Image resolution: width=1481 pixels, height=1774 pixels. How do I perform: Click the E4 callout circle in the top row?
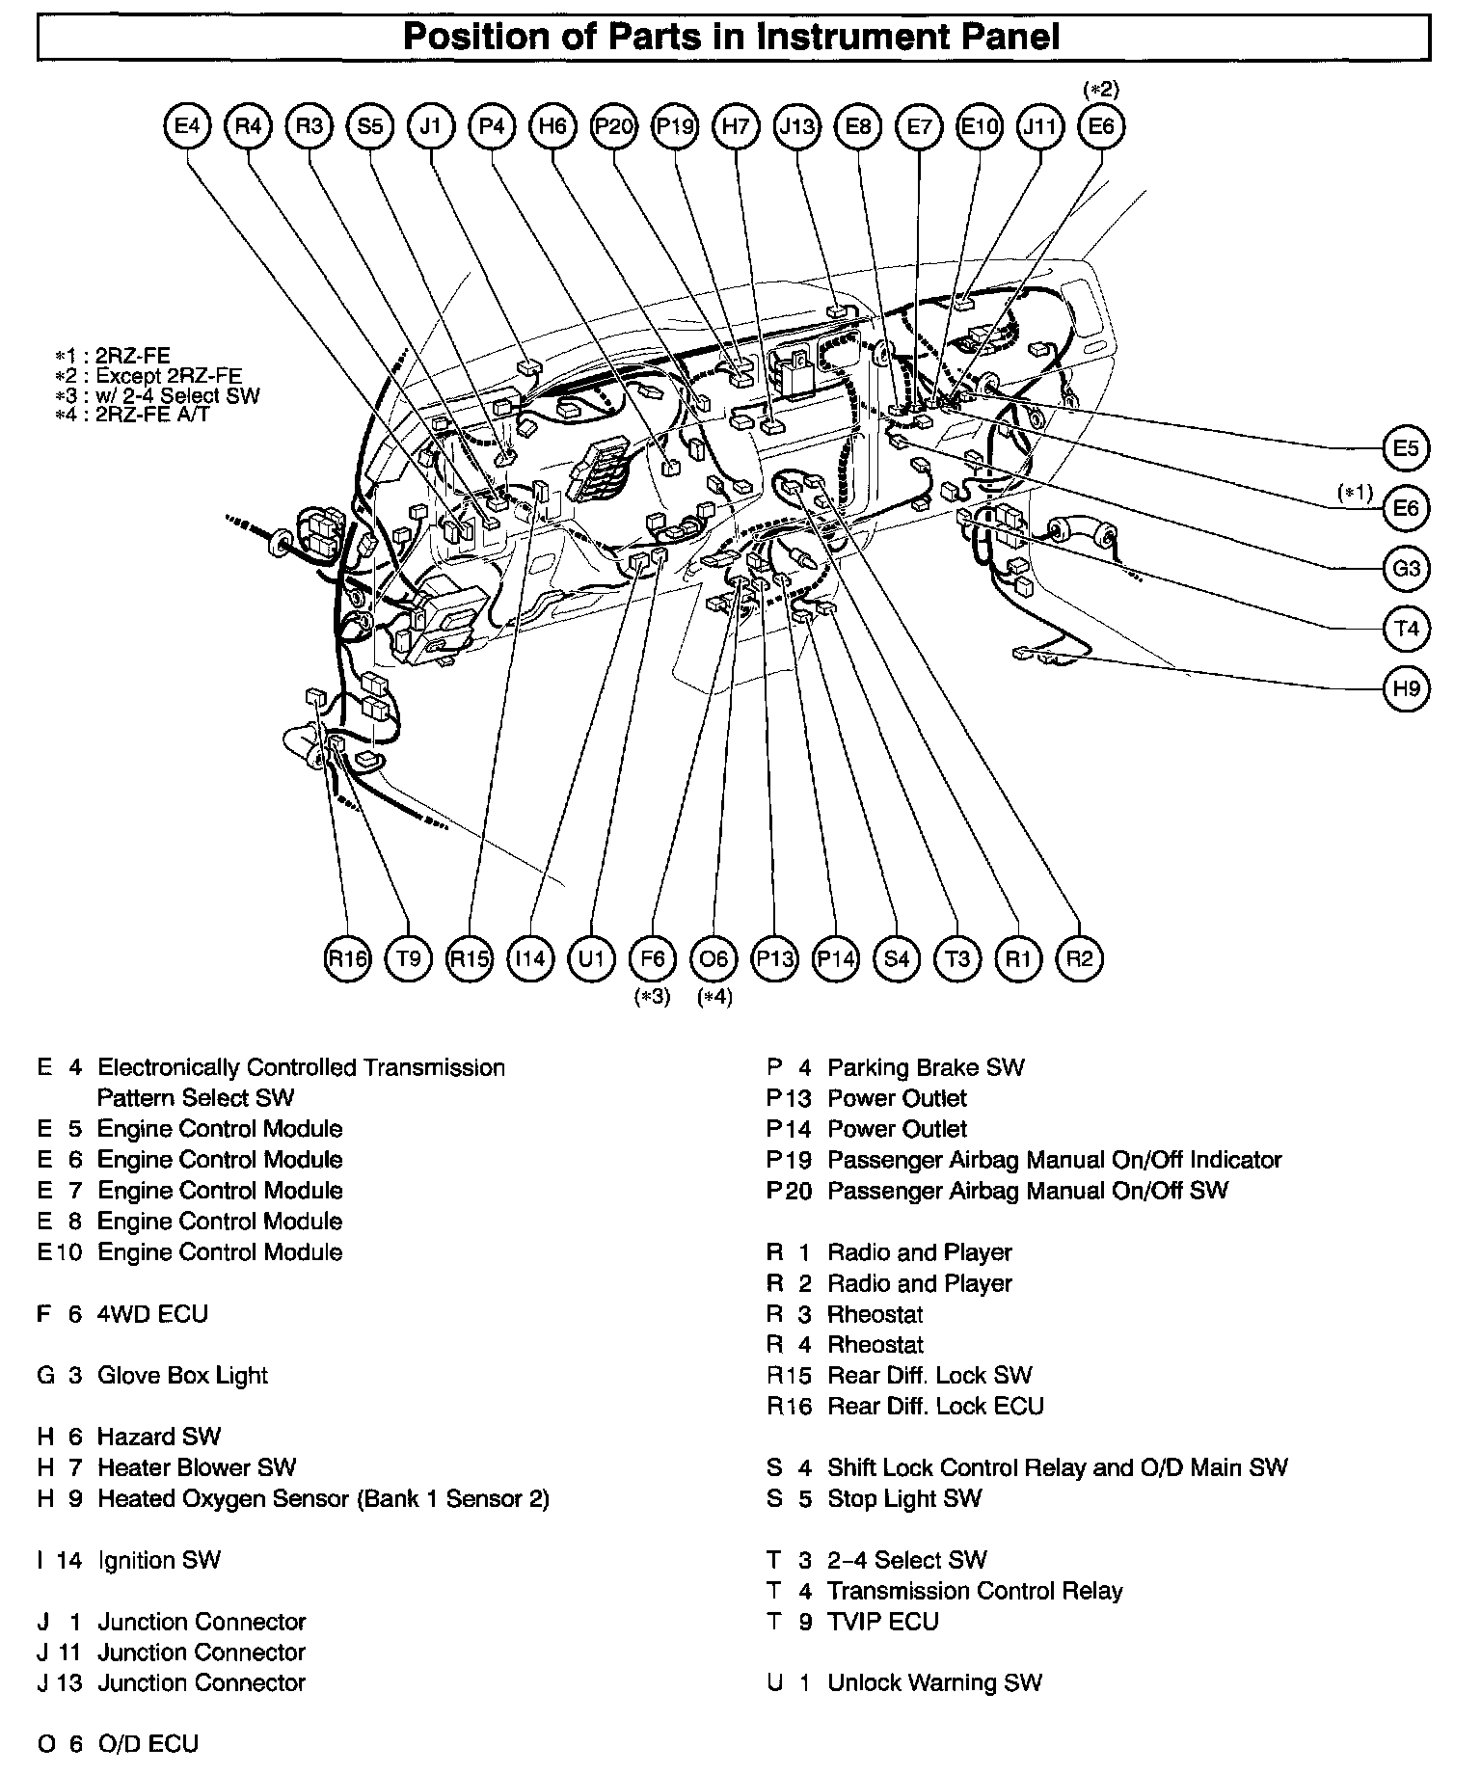point(187,126)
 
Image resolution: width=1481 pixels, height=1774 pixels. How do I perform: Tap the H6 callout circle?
point(552,126)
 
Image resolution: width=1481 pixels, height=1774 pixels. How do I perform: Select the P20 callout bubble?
point(613,126)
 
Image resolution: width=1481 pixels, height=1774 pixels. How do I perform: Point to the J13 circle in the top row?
point(797,126)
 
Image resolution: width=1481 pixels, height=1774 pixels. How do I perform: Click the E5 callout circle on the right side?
point(1406,448)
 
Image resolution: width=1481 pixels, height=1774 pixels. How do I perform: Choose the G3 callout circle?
point(1406,569)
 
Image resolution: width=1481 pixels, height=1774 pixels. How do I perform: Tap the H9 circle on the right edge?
point(1406,689)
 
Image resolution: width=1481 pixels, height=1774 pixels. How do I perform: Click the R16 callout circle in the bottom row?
point(347,958)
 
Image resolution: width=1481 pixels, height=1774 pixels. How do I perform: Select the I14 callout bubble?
point(530,958)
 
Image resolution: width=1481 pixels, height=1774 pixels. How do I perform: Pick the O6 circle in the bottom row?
point(714,958)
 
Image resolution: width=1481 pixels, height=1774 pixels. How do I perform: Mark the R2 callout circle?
point(1080,958)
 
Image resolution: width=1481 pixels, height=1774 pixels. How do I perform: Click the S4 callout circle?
point(897,958)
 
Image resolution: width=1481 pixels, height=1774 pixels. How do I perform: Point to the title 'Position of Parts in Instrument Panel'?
point(732,38)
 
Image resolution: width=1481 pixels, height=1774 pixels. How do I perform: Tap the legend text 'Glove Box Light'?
point(182,1376)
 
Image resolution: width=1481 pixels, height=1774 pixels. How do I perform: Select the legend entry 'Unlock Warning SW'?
point(934,1683)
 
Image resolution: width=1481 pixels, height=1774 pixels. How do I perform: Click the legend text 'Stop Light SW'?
point(904,1498)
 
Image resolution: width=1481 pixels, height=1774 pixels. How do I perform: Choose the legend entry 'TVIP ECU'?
point(882,1622)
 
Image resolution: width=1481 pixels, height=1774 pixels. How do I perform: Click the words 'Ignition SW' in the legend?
point(159,1560)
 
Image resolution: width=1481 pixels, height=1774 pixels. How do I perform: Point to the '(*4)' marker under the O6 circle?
point(714,997)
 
